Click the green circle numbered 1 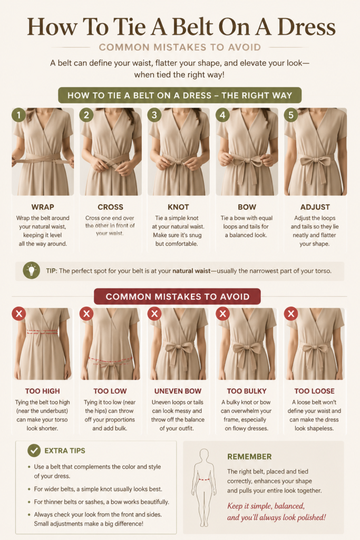(x=19, y=115)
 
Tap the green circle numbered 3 (x=154, y=115)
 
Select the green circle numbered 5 (x=291, y=115)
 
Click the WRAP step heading (x=43, y=207)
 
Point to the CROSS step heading (x=111, y=207)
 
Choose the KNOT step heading (x=178, y=207)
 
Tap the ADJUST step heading (x=315, y=207)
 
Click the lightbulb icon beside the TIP (x=31, y=271)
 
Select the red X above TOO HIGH (x=19, y=314)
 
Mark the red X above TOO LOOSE (x=291, y=314)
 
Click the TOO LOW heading (x=110, y=391)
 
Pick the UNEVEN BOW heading (x=178, y=391)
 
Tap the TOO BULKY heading (x=247, y=391)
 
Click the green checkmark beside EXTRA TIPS (x=34, y=450)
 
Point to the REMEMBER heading (x=249, y=457)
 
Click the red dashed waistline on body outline (x=204, y=479)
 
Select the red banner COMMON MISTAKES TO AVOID (x=177, y=296)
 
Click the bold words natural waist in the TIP (x=191, y=271)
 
